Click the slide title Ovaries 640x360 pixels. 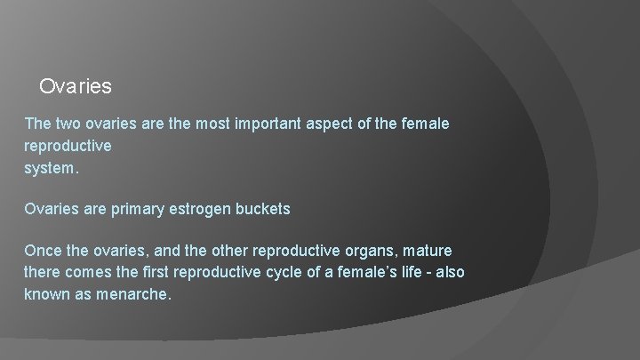point(76,87)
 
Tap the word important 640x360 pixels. point(268,124)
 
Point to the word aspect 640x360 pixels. point(339,124)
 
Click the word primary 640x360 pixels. point(138,210)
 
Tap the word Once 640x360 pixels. point(42,252)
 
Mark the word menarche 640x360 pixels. point(136,292)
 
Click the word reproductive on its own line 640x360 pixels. point(68,145)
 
